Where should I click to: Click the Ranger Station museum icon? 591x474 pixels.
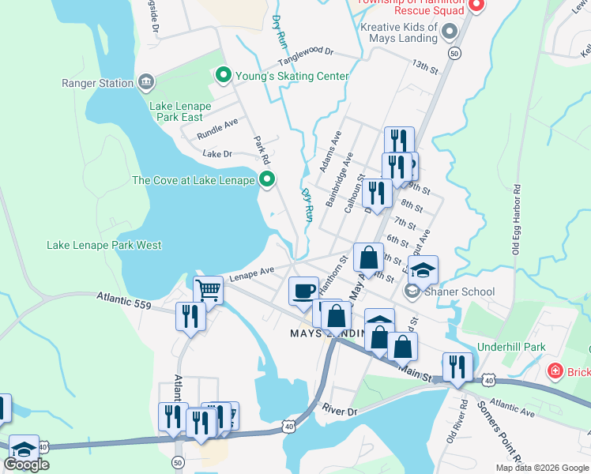coord(145,82)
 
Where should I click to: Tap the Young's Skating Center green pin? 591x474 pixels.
coord(223,76)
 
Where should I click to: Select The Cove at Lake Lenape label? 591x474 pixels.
coord(193,180)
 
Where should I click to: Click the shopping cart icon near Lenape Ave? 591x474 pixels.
coord(208,290)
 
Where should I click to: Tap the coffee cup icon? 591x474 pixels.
coord(303,291)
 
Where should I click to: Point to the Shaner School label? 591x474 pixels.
coord(461,292)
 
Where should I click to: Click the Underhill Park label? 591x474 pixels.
coord(512,347)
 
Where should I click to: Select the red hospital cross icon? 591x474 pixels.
coord(556,371)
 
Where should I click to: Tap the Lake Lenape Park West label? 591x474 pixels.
coord(104,245)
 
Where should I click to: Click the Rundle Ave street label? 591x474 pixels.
coord(217,125)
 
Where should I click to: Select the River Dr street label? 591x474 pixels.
coord(341,410)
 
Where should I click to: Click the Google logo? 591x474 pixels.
coord(27,465)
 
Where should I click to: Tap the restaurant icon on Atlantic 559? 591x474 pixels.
coord(190,316)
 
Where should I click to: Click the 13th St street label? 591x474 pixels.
coord(424,66)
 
